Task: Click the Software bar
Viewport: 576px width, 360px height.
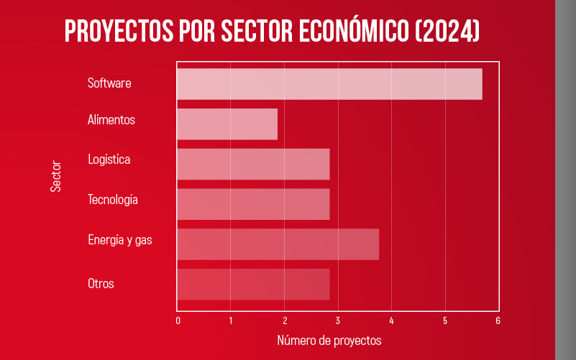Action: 329,84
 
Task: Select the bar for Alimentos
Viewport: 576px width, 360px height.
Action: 227,124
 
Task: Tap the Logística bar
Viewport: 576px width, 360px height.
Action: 253,164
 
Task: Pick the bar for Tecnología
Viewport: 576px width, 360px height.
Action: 253,204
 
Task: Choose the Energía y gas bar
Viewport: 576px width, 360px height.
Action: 278,244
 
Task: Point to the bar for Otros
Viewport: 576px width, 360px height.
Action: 253,285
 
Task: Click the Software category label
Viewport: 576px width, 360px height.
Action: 109,83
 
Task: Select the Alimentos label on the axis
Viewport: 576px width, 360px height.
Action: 111,120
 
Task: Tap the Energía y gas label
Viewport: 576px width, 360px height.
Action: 120,240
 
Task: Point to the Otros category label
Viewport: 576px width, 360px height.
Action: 101,283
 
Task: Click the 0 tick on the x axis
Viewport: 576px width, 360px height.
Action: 178,320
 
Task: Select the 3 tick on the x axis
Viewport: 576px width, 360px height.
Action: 338,320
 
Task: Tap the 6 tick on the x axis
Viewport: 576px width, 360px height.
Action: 498,320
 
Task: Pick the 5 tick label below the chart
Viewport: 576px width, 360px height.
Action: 444,320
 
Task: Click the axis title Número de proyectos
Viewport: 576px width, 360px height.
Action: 329,340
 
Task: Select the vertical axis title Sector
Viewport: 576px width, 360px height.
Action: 56,175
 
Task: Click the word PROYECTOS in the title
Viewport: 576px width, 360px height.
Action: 119,32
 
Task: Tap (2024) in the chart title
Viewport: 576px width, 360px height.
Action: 447,32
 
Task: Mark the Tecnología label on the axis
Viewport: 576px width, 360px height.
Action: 113,200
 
